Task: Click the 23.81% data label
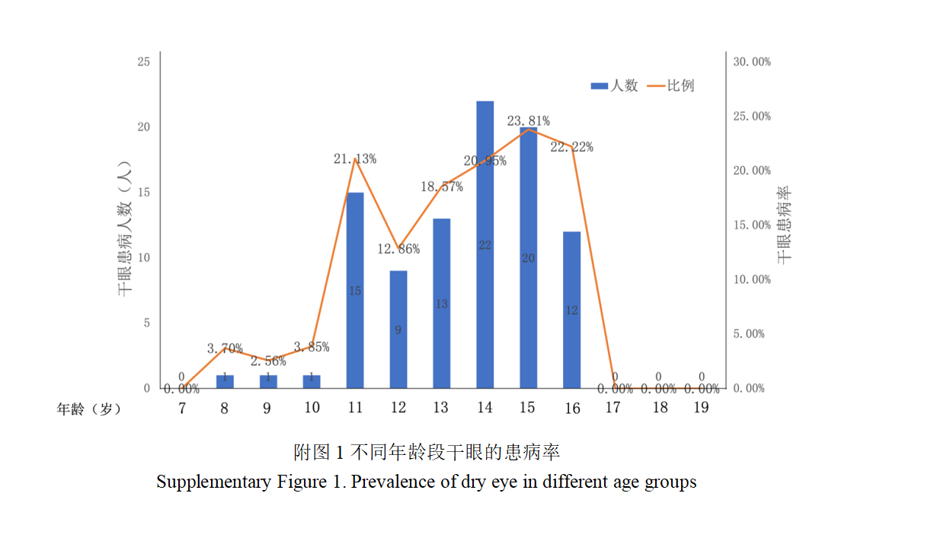(528, 121)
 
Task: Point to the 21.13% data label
(354, 159)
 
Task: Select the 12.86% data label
(398, 249)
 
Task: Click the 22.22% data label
(571, 147)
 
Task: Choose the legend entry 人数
(615, 85)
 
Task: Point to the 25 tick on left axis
(143, 62)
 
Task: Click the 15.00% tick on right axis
(752, 225)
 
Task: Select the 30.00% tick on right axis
(752, 62)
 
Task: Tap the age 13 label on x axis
(440, 408)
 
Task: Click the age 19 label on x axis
(701, 408)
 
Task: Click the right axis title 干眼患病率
(785, 225)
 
